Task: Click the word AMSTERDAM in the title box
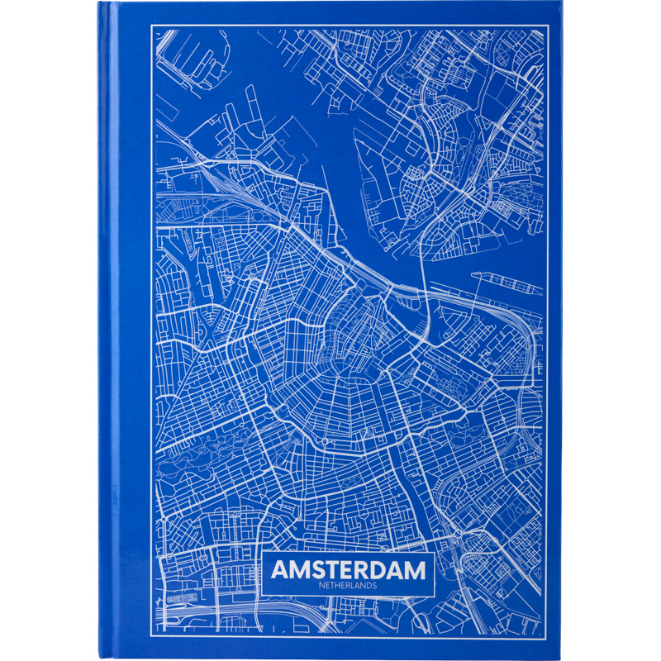pos(350,570)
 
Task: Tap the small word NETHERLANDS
pos(350,586)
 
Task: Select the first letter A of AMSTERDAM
pos(281,570)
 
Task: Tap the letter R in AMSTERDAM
pos(366,570)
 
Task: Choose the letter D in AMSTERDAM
pos(383,570)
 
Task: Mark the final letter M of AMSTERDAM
pos(420,570)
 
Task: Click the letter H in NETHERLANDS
pos(344,586)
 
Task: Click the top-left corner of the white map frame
pos(151,26)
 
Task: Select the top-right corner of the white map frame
pos(547,26)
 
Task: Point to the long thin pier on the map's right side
pos(506,282)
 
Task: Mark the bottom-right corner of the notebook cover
pos(561,659)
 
